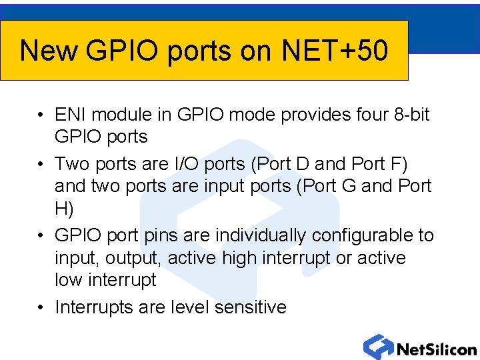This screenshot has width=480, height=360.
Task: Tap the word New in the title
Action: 48,51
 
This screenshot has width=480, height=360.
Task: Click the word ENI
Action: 69,115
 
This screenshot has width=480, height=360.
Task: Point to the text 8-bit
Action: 411,115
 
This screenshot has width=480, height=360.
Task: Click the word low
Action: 68,280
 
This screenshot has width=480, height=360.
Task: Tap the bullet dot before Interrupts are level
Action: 41,307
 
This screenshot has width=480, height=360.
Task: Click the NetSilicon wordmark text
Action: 436,349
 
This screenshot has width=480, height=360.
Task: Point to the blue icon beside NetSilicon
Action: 378,347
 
